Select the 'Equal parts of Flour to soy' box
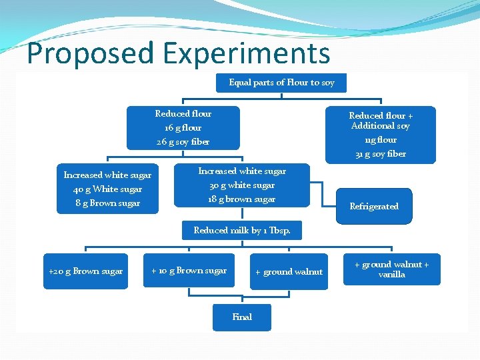tap(282, 83)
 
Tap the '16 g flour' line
tap(183, 128)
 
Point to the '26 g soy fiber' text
tap(183, 142)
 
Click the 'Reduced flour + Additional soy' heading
tap(381, 121)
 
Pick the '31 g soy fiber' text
tap(381, 154)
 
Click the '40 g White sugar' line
tap(107, 189)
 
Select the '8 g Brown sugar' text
tap(107, 203)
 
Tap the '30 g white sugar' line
tap(242, 185)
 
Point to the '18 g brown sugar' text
tap(242, 199)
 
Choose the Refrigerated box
tap(374, 207)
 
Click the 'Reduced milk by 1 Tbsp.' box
tap(242, 231)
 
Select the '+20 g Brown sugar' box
tap(85, 271)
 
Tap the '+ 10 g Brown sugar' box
tap(189, 271)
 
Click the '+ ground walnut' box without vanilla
tap(289, 272)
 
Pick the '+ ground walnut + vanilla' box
tap(391, 269)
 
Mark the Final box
tap(242, 317)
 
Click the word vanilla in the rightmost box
tap(391, 275)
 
